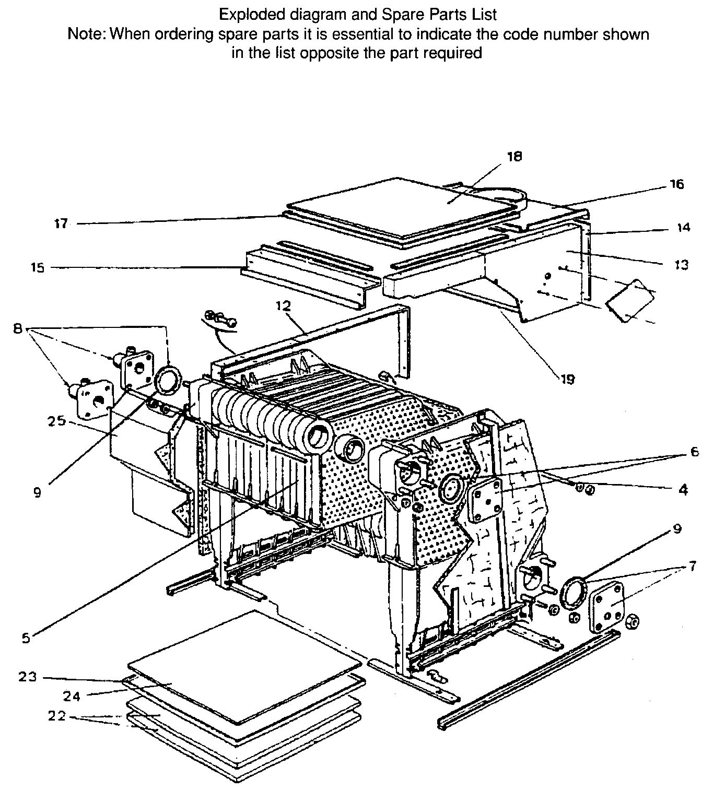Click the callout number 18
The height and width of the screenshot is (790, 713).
(x=514, y=157)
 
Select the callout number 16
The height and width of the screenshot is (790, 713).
(x=676, y=184)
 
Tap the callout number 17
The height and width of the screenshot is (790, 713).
(x=61, y=224)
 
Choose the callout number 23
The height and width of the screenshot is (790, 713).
(x=27, y=677)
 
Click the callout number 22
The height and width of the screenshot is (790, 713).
(x=56, y=716)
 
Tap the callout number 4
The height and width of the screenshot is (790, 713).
(x=683, y=490)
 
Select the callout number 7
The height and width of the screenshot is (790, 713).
(x=693, y=567)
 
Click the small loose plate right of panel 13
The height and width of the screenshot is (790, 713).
(x=629, y=301)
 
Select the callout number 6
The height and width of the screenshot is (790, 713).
(x=694, y=452)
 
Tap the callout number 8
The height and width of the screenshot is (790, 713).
(x=18, y=329)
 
